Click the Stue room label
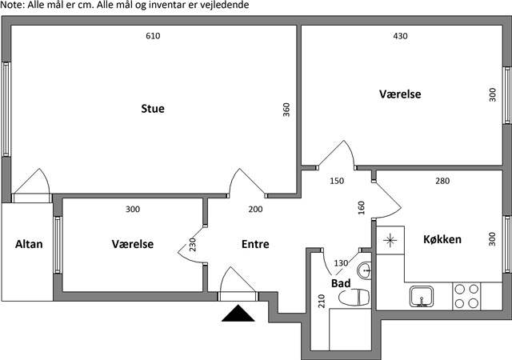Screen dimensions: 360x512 coord(152,109)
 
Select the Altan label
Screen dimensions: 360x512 coord(29,245)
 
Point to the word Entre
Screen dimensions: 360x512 coord(255,245)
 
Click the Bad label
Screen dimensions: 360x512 coord(340,282)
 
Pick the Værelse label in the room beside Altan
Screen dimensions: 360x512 coord(132,245)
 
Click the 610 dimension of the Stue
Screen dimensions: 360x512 coord(153,36)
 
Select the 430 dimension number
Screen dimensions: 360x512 coord(402,36)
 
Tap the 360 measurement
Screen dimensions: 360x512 coord(286,110)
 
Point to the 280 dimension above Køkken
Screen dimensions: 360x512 coord(442,181)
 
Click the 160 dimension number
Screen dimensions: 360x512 coord(362,208)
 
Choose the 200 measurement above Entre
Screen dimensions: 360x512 coord(255,210)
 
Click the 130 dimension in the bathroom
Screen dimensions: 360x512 coord(341,263)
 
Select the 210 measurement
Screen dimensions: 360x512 coord(322,302)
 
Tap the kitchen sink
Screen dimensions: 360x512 coord(421,298)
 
